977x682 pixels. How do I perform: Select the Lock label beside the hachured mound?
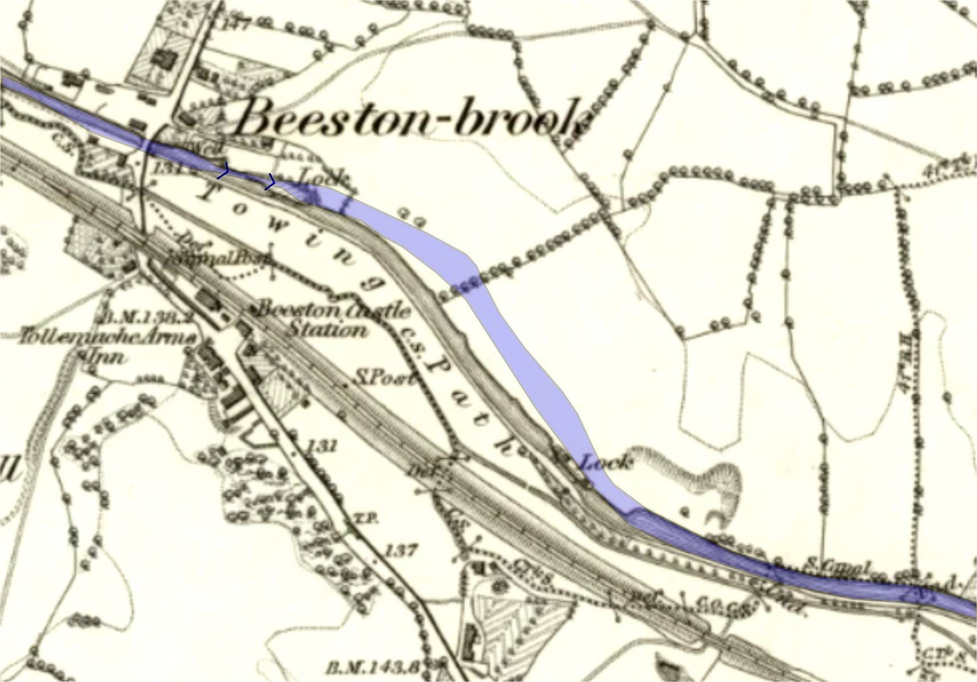pyautogui.click(x=606, y=461)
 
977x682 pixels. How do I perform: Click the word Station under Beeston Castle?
pyautogui.click(x=326, y=329)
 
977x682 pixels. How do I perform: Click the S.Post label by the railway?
pyautogui.click(x=383, y=377)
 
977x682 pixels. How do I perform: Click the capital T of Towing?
pyautogui.click(x=208, y=193)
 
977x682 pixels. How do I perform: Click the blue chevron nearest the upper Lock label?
pyautogui.click(x=270, y=183)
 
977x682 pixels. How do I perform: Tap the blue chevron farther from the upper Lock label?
pyautogui.click(x=223, y=170)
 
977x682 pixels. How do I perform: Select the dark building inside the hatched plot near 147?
pyautogui.click(x=166, y=57)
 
